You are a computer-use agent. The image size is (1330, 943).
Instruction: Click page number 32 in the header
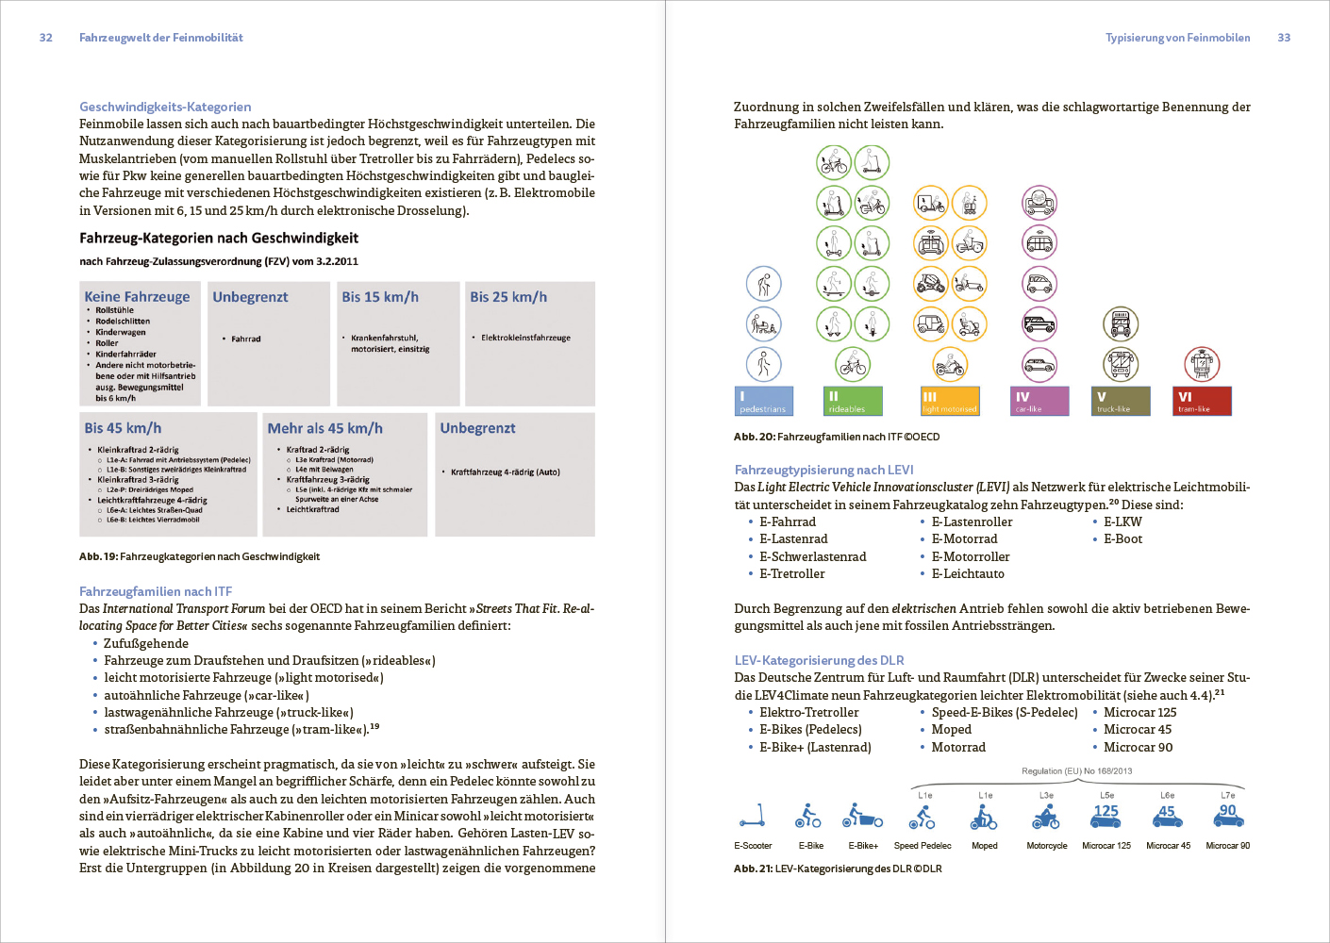[45, 38]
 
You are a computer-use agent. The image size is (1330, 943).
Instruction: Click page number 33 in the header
[1284, 38]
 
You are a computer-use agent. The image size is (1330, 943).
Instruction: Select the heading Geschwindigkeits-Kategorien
[165, 107]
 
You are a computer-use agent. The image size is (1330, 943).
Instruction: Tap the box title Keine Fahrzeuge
[137, 297]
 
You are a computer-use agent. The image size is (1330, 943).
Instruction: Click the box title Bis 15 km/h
[380, 297]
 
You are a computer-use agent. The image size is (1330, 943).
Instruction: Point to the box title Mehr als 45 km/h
[324, 428]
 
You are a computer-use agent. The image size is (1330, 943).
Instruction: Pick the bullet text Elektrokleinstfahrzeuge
[525, 338]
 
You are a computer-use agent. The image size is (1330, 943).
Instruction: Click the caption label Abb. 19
[97, 556]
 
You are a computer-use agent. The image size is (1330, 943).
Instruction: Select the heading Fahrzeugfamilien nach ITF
[156, 591]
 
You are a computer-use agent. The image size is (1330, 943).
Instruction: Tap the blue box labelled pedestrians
[764, 401]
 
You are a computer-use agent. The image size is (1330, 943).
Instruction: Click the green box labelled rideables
[853, 401]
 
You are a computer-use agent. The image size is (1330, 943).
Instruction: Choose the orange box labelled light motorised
[950, 401]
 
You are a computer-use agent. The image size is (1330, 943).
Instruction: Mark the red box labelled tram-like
[1202, 401]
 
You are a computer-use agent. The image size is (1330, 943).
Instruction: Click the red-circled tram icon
[1202, 364]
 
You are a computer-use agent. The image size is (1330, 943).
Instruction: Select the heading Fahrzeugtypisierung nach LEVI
[823, 470]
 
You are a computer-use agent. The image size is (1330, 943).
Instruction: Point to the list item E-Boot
[1122, 539]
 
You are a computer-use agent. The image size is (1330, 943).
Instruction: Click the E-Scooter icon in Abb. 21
[752, 815]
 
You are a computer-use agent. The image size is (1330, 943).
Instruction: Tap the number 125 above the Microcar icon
[1106, 811]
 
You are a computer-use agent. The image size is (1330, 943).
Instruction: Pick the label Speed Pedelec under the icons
[923, 846]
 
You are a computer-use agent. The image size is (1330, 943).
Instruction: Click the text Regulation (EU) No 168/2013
[1076, 771]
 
